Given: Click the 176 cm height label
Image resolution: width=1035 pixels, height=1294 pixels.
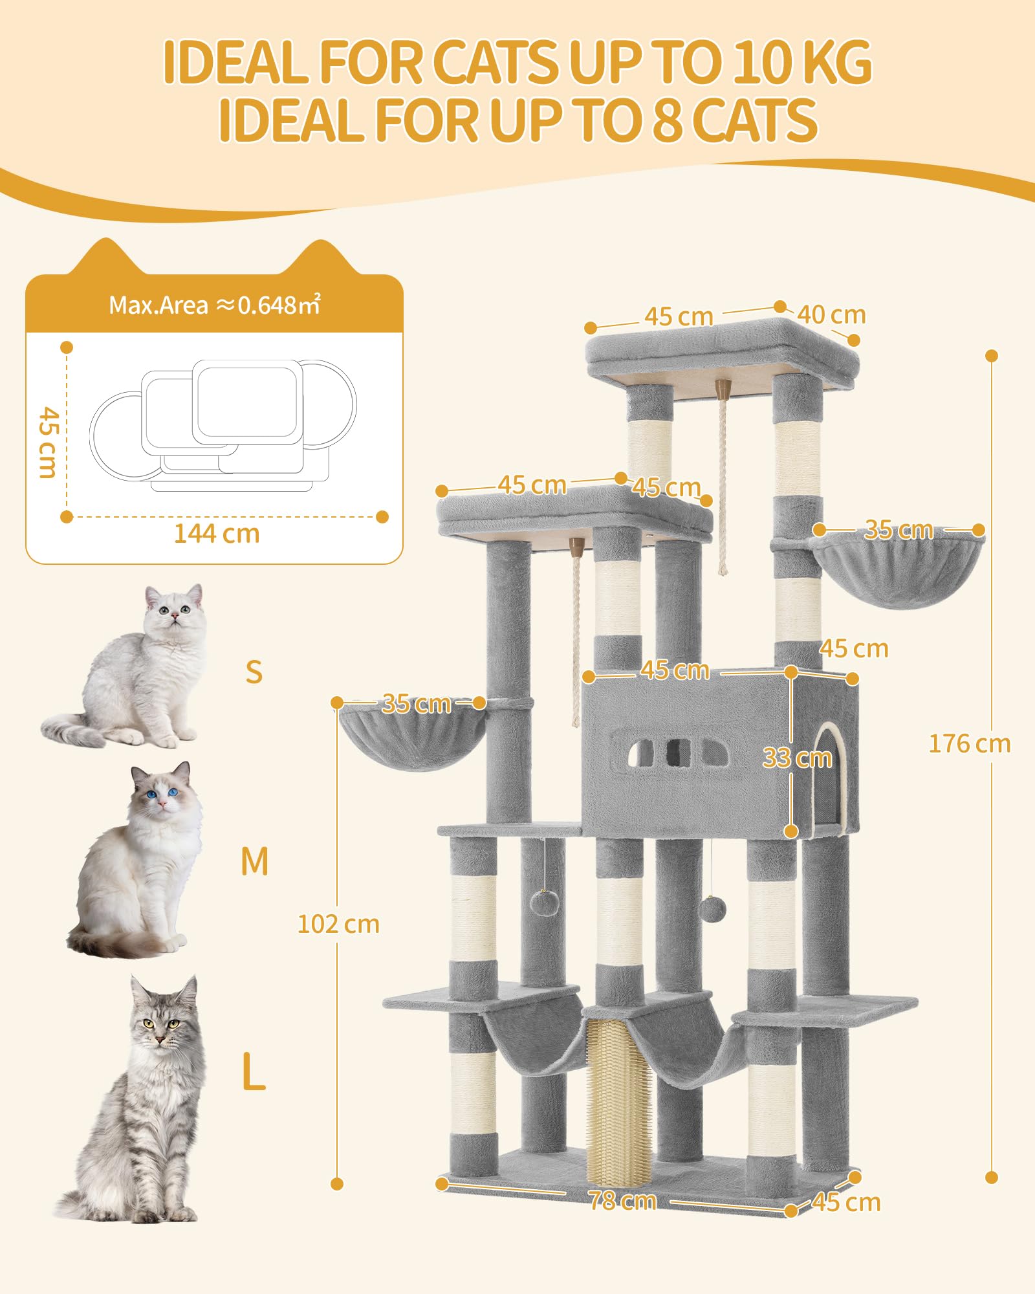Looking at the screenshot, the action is coord(969,744).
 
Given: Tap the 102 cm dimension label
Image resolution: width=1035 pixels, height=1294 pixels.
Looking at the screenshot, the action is coord(338,924).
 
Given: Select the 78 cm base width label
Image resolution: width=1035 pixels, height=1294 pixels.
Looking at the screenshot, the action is coord(622,1201).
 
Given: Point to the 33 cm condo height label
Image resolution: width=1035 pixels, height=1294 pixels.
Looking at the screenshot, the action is coord(797,758).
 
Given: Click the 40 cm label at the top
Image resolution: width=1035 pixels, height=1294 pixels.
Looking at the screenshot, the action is coord(831,315).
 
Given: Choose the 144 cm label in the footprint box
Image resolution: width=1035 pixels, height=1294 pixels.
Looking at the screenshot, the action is coord(217,534).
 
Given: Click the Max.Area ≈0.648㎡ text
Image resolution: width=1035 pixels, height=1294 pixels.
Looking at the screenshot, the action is coord(214,305).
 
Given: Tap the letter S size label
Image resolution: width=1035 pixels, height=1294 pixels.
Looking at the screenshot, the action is coord(254,672).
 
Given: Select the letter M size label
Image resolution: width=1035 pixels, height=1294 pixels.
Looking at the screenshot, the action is coord(254,861).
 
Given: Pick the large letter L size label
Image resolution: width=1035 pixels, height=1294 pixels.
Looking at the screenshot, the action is coord(254,1071).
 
